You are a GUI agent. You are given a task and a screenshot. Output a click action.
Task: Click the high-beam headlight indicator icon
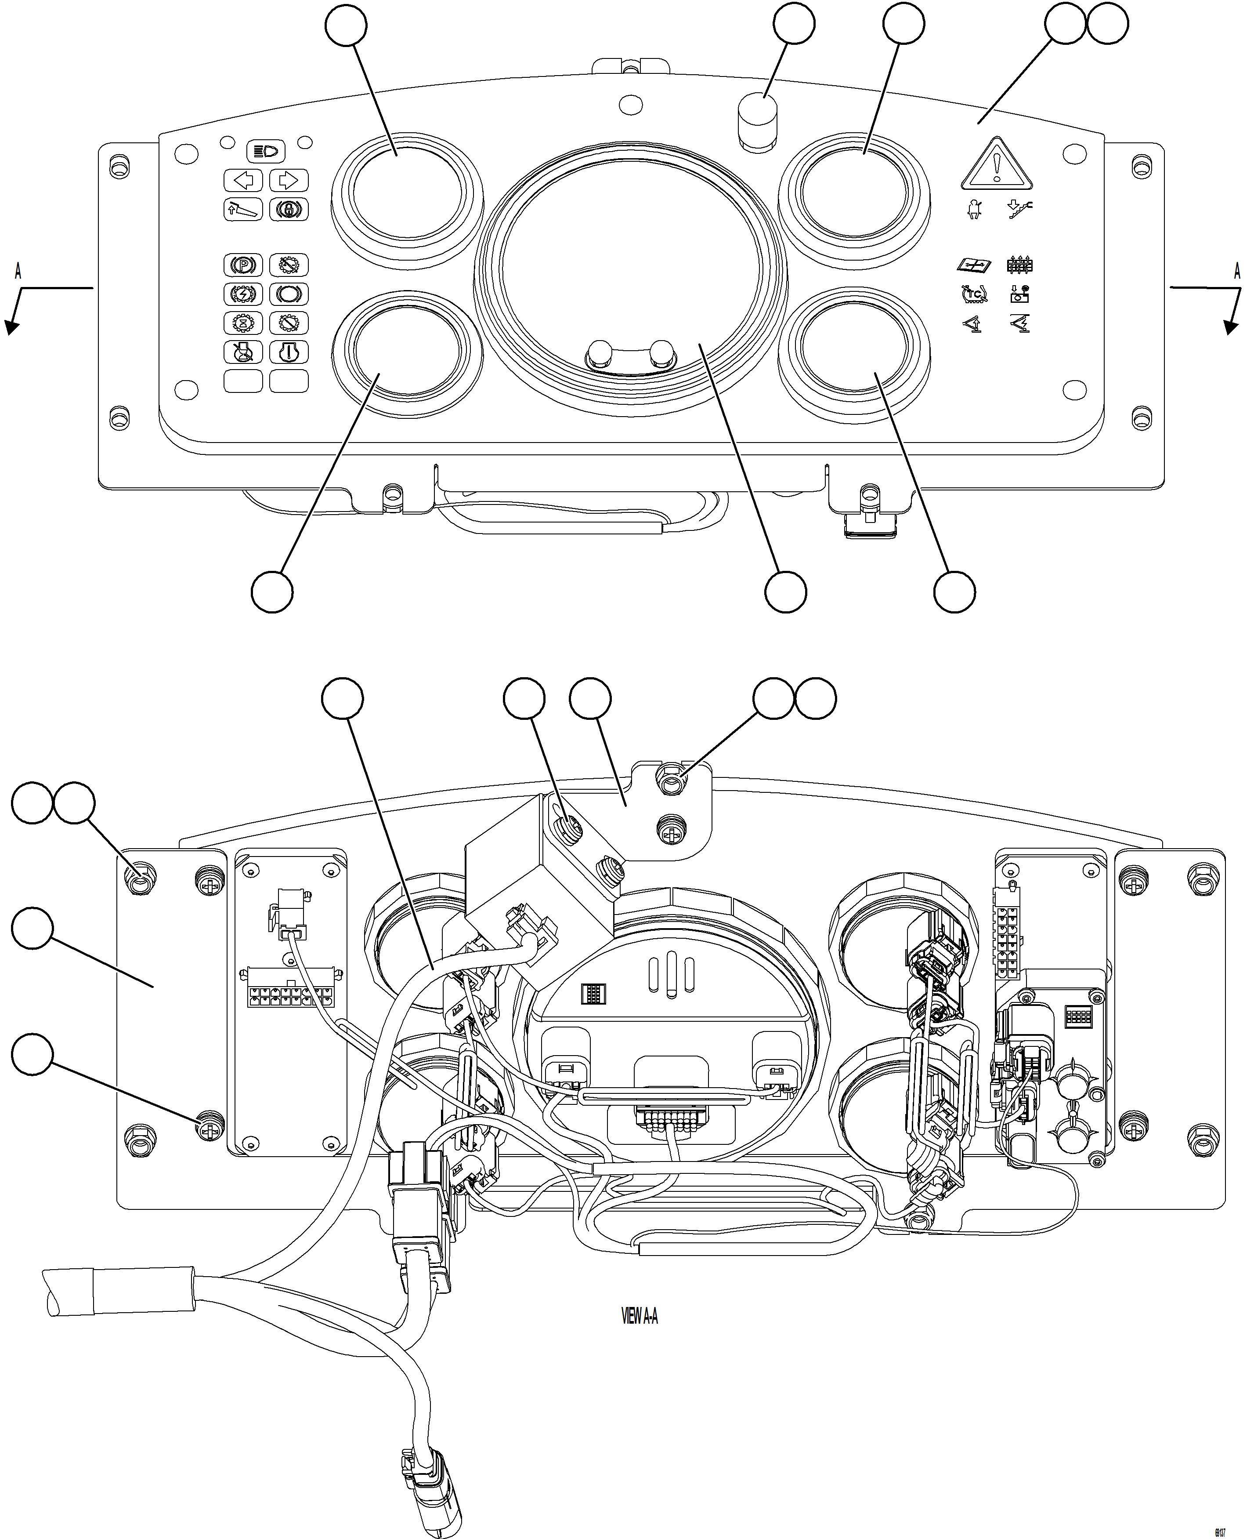266,152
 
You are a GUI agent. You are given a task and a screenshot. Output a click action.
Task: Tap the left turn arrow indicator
243,180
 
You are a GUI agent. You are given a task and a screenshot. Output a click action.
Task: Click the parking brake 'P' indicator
243,265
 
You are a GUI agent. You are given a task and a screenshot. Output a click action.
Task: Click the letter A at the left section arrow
18,272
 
